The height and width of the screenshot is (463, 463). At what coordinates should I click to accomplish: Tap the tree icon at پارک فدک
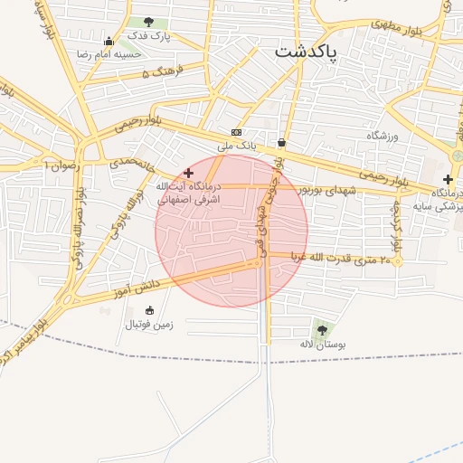(148, 23)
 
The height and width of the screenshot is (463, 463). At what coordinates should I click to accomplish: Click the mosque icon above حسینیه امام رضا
(109, 41)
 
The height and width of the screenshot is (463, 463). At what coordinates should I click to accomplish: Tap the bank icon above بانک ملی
(236, 132)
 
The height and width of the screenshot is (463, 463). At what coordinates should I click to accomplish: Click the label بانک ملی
(237, 145)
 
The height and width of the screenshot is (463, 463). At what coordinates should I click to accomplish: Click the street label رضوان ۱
(62, 165)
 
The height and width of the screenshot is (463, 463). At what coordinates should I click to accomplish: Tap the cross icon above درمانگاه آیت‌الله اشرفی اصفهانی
(188, 173)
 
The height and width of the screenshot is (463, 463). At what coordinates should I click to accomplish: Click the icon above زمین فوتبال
(149, 310)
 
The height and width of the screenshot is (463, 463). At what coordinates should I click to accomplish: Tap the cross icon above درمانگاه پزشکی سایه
(448, 179)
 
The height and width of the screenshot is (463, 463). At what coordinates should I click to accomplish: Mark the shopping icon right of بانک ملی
(282, 142)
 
